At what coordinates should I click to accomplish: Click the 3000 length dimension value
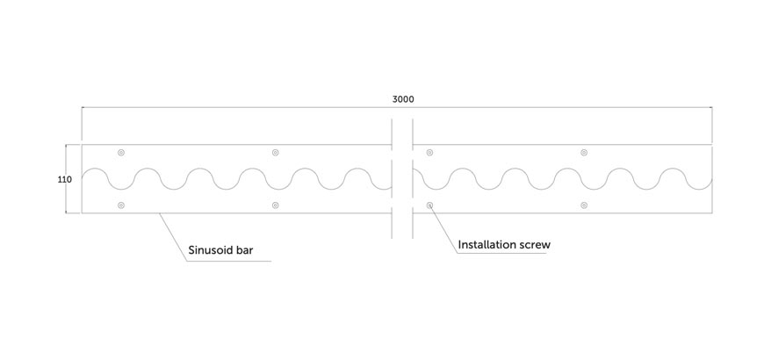tap(403, 99)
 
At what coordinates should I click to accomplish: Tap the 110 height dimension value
tap(65, 180)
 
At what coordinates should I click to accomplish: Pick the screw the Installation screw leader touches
tap(429, 205)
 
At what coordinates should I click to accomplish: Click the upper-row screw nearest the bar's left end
tap(121, 153)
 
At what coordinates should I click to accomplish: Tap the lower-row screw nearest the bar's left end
tap(121, 205)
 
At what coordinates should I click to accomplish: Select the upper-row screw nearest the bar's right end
tap(584, 153)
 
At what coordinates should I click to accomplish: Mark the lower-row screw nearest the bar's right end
tap(584, 205)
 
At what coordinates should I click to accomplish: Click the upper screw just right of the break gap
tap(429, 153)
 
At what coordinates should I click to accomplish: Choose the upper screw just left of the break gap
tap(275, 153)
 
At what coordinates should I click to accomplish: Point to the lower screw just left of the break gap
tap(275, 205)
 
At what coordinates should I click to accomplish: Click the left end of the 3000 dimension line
tap(82, 107)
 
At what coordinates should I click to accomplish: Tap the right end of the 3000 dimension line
tap(712, 107)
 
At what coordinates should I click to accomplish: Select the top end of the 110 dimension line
tap(66, 145)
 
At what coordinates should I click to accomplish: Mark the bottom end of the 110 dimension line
tap(66, 212)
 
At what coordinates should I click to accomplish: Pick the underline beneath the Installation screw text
tap(501, 253)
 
